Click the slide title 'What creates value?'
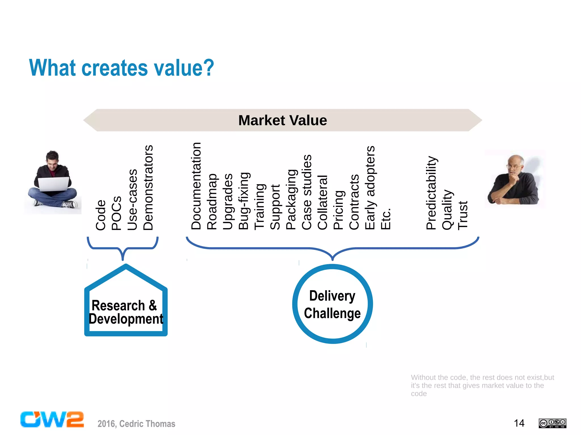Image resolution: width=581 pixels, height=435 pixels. click(121, 68)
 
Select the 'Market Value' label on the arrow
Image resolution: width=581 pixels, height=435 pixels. click(283, 120)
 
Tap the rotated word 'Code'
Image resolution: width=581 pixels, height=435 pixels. click(101, 215)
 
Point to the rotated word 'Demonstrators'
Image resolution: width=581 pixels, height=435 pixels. click(148, 188)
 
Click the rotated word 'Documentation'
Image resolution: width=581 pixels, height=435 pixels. click(196, 186)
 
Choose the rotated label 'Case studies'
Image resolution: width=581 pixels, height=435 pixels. click(307, 192)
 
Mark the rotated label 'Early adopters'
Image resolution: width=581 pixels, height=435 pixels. click(370, 188)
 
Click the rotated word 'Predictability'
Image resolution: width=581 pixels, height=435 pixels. click(431, 193)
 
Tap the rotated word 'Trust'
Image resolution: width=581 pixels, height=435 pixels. click(463, 215)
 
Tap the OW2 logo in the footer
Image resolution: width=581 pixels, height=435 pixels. click(52, 419)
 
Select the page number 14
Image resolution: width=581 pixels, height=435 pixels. click(519, 423)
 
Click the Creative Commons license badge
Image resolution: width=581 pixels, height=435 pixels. click(552, 423)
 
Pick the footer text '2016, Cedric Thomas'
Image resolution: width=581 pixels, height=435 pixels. click(136, 424)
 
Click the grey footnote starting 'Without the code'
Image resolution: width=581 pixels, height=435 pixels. click(482, 385)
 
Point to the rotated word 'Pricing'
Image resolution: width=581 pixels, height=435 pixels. click(338, 210)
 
